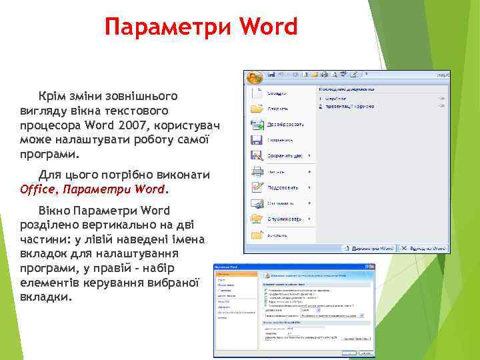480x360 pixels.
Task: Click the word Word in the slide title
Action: (269, 27)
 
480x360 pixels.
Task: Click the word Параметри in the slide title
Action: (169, 27)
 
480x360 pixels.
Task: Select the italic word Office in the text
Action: (41, 189)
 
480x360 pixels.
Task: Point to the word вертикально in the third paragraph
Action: (101, 225)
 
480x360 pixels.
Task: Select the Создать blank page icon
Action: (257, 92)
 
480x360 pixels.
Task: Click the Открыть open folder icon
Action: (257, 108)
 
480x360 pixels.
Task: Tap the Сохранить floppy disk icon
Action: (257, 140)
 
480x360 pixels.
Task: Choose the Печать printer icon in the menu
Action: (257, 171)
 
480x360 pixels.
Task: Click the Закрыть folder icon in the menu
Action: (257, 235)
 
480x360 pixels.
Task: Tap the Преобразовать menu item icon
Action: (257, 124)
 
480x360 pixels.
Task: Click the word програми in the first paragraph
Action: (47, 155)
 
